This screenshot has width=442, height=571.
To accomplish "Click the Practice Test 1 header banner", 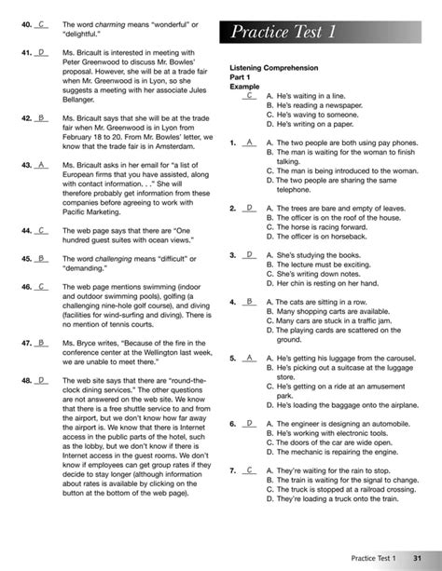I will tap(331, 33).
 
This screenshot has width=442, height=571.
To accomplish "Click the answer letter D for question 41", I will tap(42, 54).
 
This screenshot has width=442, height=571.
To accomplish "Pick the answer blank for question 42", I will tap(42, 118).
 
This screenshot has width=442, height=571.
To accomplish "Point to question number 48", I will tap(25, 380).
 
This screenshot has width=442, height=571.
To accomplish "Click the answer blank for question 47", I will tap(42, 343).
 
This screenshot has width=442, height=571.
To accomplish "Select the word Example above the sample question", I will tap(245, 87).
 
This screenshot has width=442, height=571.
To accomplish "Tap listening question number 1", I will tap(232, 143).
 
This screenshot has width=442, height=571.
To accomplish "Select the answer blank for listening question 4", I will tap(249, 302).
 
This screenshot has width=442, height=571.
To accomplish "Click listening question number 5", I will tap(232, 358).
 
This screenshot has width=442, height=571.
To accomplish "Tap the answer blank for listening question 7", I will tap(249, 471).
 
